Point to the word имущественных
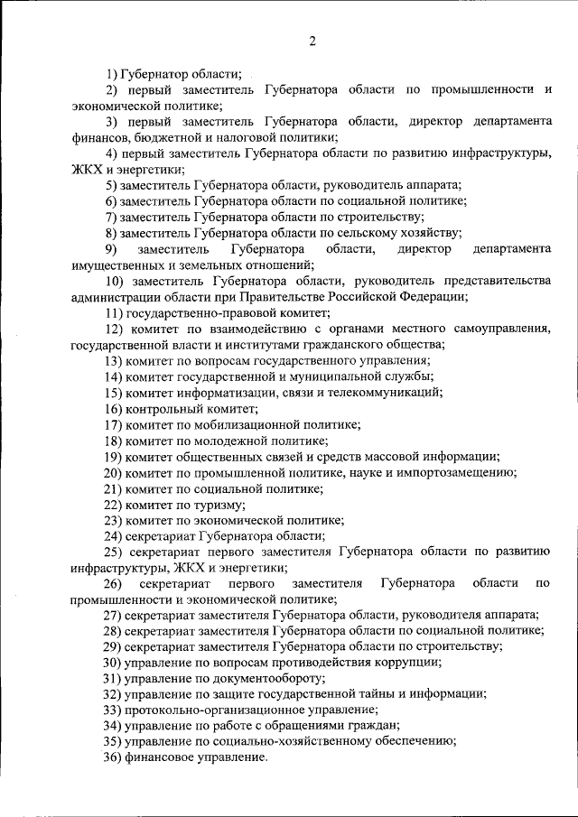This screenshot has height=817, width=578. (116, 265)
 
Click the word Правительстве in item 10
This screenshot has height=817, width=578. (334, 296)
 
